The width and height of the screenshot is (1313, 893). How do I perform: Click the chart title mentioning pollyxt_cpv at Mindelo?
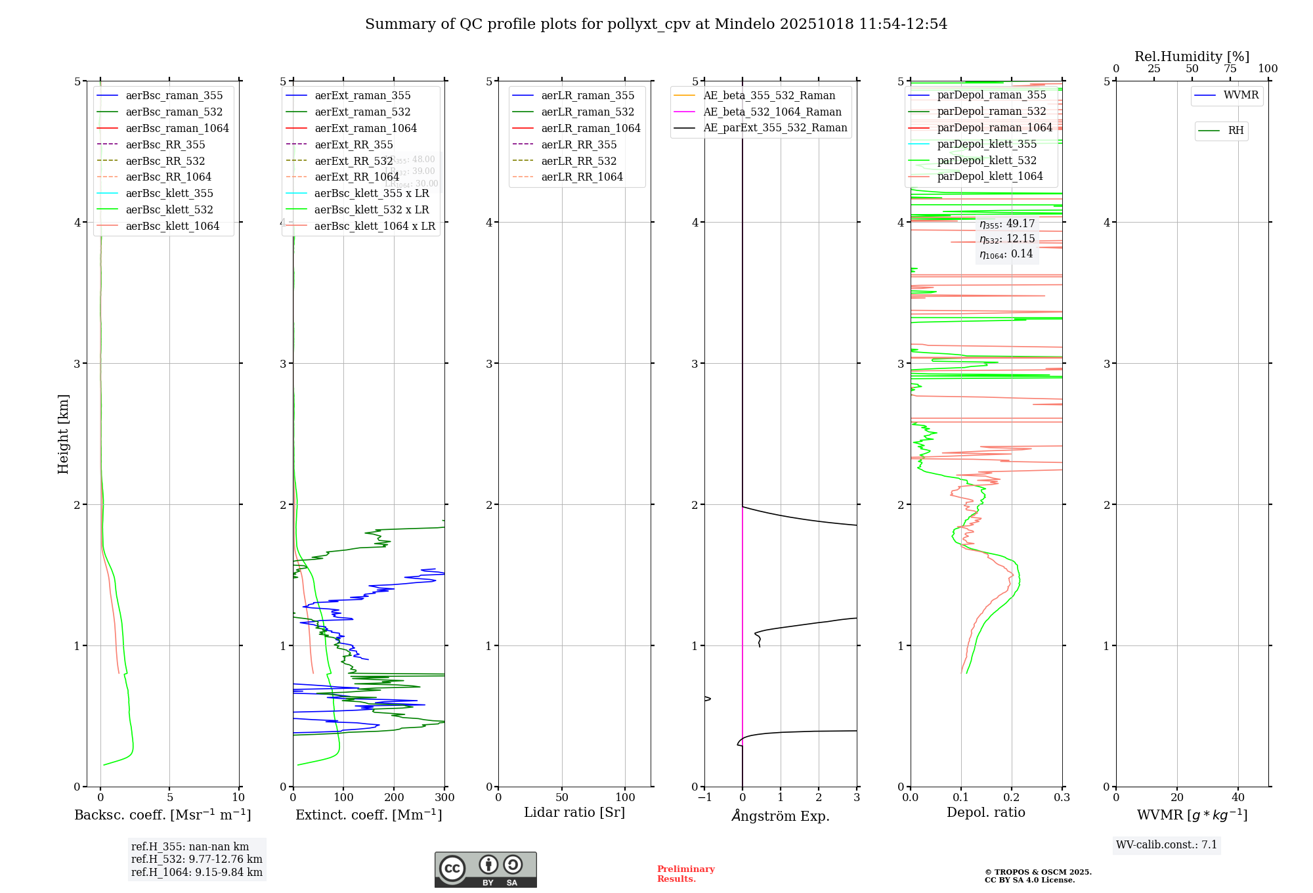[x=656, y=24]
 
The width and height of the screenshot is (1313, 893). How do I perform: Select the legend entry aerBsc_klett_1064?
[x=172, y=226]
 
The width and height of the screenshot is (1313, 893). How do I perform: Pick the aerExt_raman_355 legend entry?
[x=362, y=96]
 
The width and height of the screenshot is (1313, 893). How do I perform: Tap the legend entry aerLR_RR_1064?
[x=582, y=177]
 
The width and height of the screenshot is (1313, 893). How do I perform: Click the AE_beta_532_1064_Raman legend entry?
[x=772, y=112]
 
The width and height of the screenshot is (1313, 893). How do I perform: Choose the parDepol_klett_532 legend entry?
[x=987, y=161]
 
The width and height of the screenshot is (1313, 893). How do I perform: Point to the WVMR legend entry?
[x=1240, y=95]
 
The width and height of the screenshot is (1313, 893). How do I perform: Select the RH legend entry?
[x=1236, y=131]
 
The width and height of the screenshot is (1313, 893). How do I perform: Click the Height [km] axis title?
[x=63, y=433]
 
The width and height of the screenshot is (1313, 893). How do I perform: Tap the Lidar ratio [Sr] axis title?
[x=574, y=813]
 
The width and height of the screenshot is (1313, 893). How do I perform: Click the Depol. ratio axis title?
[x=985, y=813]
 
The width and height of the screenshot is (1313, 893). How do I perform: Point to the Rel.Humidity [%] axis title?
[x=1192, y=56]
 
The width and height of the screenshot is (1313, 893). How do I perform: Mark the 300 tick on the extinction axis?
[x=444, y=798]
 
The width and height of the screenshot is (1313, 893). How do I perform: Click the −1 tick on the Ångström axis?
[x=704, y=798]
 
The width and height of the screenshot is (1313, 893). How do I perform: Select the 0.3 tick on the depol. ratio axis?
[x=1062, y=798]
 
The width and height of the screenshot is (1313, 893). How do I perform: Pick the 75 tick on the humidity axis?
[x=1230, y=69]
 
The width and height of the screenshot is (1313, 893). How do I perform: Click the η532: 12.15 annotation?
[x=1006, y=239]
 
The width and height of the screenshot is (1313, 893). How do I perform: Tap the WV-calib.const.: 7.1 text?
[x=1167, y=845]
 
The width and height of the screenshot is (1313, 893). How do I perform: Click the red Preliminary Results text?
[x=685, y=874]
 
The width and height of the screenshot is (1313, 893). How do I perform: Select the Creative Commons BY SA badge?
[x=485, y=870]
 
